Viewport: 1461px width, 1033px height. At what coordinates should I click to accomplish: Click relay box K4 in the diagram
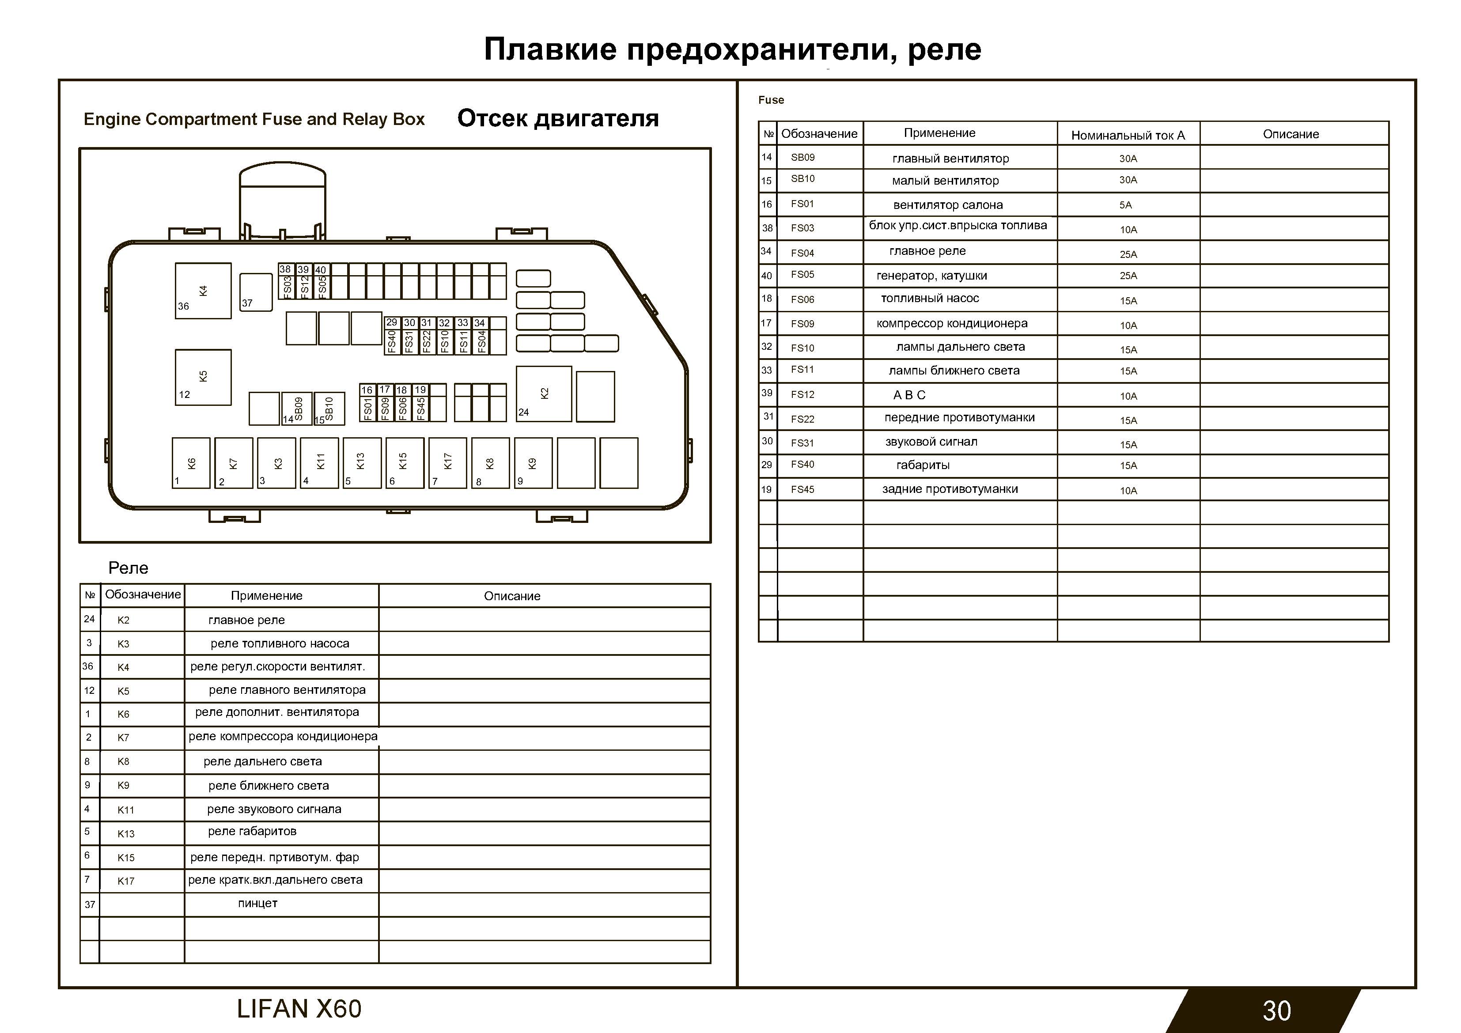[203, 291]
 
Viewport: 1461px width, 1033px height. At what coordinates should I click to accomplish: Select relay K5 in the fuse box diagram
[203, 377]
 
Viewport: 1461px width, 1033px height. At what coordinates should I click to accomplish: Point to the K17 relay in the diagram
[447, 463]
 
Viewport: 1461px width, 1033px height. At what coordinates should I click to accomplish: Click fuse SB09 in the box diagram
[298, 408]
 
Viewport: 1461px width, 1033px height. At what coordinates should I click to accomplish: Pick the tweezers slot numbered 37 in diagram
[256, 292]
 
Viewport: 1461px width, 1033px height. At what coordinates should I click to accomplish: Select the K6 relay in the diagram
[191, 463]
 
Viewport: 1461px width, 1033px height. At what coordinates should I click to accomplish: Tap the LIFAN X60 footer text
[299, 1009]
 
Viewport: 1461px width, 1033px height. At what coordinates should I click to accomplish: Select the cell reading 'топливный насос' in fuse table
[930, 299]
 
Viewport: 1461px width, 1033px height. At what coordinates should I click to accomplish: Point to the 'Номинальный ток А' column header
[1128, 135]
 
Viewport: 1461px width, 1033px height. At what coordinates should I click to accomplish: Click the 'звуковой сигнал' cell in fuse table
[931, 442]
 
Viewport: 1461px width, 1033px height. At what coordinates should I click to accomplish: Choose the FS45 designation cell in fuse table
[802, 489]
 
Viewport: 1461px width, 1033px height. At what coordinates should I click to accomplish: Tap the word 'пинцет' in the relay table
[258, 903]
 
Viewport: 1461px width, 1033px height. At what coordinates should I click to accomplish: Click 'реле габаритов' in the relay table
[252, 831]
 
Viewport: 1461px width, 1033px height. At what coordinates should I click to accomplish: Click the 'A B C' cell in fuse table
[909, 395]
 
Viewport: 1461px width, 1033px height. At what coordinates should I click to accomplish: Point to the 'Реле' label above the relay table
[128, 568]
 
